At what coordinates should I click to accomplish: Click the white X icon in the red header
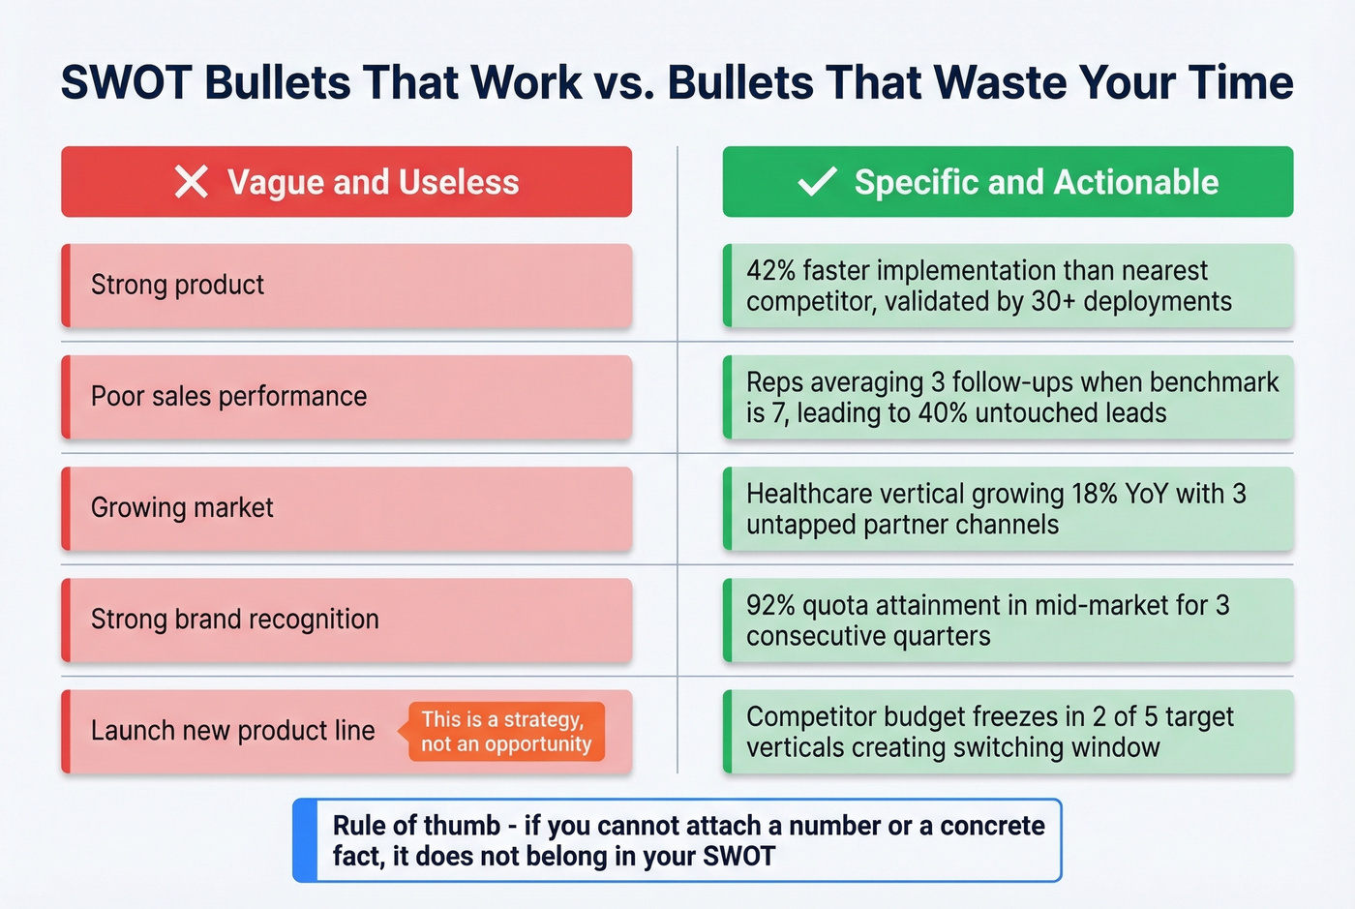[x=192, y=181]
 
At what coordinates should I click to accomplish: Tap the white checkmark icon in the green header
[x=817, y=181]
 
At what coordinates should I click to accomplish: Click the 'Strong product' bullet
[x=177, y=285]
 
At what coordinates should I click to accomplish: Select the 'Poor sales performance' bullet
[x=228, y=396]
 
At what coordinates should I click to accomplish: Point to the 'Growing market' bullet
[x=182, y=507]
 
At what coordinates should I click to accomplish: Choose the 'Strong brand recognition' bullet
[x=234, y=619]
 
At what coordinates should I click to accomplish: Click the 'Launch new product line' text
[x=232, y=730]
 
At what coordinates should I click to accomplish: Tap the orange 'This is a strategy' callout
[x=505, y=732]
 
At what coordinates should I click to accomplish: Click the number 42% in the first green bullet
[x=770, y=270]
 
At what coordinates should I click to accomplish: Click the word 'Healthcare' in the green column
[x=808, y=494]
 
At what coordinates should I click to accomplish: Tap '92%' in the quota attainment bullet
[x=770, y=605]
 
